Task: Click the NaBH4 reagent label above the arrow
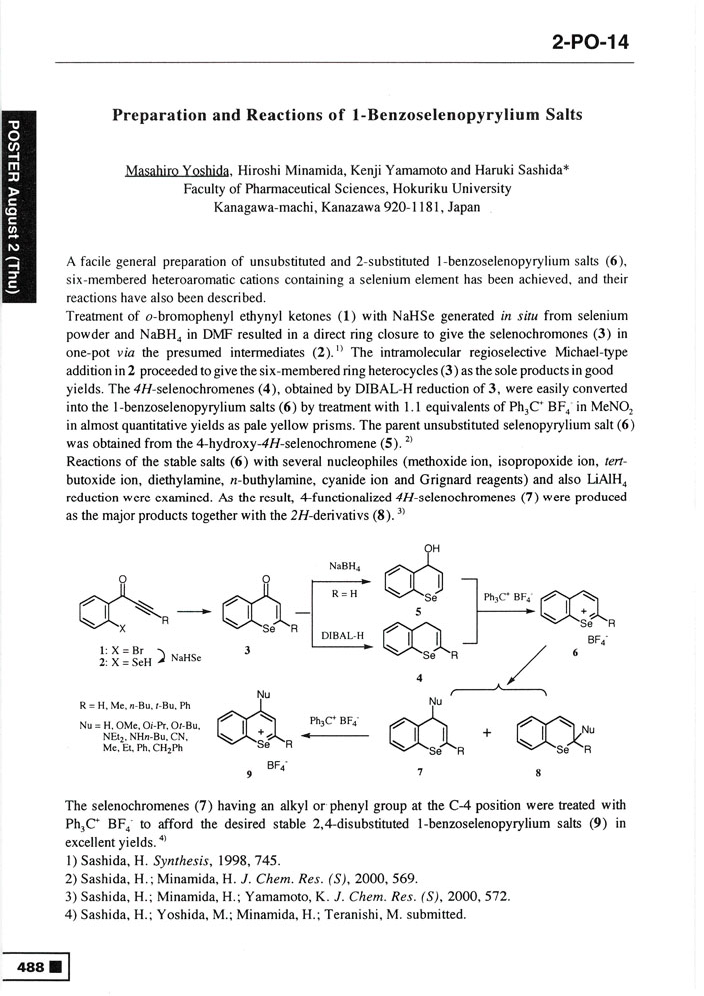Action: click(344, 566)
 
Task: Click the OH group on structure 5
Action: click(433, 548)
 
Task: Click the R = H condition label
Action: click(343, 593)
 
